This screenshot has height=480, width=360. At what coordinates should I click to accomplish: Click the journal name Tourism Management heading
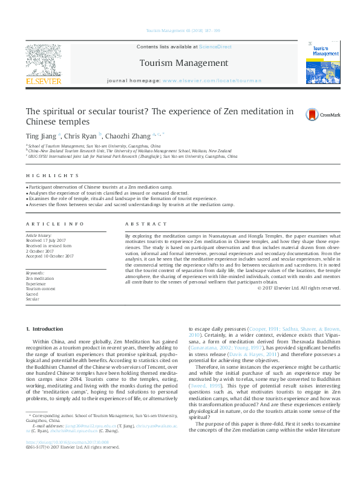[x=184, y=63]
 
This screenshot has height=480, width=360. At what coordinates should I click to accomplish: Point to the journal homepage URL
[x=212, y=80]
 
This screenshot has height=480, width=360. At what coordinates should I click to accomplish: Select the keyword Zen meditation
[x=39, y=278]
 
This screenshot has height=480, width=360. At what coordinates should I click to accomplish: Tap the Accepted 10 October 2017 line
[x=50, y=256]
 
